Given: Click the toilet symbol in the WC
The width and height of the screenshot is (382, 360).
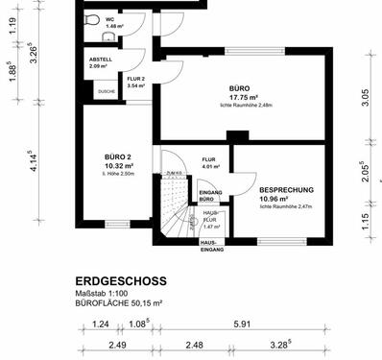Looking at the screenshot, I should (91, 19).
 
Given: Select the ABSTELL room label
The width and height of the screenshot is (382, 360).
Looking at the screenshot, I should (101, 60).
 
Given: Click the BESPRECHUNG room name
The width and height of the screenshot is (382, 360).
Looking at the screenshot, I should (286, 190).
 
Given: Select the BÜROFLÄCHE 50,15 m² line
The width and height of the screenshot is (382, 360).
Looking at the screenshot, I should (120, 302).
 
